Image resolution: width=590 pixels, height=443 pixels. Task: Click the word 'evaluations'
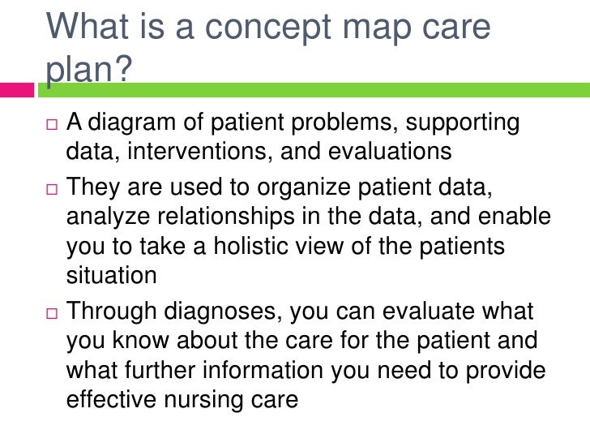384,154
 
